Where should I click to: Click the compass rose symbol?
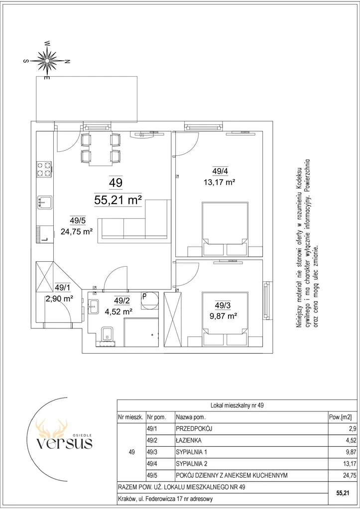point(47,60)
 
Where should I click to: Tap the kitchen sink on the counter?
point(44,202)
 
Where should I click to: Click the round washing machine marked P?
point(150,300)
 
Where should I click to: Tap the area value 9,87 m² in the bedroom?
point(223,315)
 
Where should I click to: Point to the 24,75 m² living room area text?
point(77,231)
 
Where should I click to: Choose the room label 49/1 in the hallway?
point(62,287)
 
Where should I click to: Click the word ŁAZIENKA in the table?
point(189,440)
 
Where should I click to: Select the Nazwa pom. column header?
point(191,417)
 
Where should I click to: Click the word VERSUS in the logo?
point(64,443)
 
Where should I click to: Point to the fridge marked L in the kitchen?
point(44,234)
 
